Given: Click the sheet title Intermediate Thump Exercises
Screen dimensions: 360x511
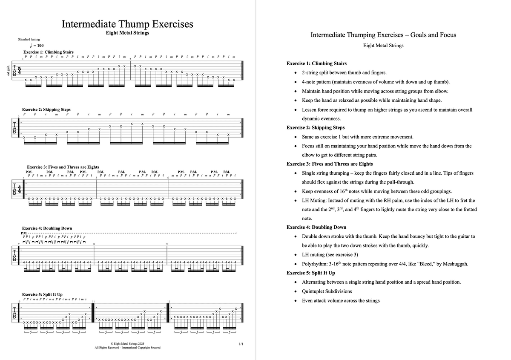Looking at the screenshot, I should [127, 24].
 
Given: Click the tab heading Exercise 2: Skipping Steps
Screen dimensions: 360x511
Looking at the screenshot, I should [46, 109].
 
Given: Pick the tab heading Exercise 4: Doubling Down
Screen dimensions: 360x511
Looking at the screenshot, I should [47, 228].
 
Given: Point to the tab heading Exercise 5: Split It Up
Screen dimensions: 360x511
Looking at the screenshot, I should [42, 294].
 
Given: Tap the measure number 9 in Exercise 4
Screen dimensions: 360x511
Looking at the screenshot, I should [167, 244].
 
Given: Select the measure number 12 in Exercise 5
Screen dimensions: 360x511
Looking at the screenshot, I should [169, 302].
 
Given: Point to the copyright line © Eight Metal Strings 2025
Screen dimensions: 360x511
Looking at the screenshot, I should [127, 343].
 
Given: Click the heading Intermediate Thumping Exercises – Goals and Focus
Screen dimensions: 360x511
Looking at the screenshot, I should [383, 35].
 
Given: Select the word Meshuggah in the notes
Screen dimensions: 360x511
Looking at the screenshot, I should [456, 264].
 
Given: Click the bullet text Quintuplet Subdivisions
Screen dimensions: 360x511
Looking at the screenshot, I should [327, 291].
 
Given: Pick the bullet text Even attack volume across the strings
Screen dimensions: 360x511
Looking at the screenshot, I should [341, 301].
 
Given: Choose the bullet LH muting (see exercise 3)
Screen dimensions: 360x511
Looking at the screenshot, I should [330, 254].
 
